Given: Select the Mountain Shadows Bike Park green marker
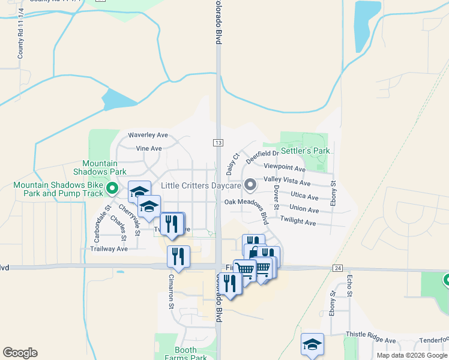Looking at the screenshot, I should point(112,190).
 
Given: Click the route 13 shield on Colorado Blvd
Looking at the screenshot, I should point(217,142).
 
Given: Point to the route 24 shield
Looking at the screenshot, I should point(338,269).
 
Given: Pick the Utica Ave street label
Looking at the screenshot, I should point(304,196).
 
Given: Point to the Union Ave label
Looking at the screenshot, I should point(304,209).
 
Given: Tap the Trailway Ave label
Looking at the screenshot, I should point(109,248).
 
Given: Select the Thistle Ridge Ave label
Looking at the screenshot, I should point(370,340).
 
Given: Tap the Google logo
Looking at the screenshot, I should point(20,353).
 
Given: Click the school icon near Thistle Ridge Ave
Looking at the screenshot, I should point(312,344).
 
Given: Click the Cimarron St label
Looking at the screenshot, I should point(171,291).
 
